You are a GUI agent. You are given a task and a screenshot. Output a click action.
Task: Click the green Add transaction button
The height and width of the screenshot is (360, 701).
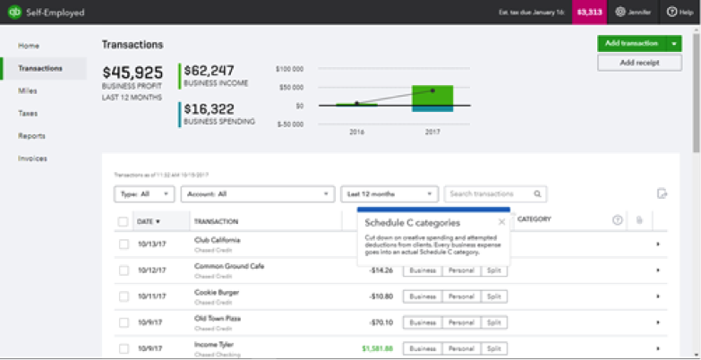[631, 43]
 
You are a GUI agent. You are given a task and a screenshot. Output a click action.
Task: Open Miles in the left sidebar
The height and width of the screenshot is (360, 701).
[28, 90]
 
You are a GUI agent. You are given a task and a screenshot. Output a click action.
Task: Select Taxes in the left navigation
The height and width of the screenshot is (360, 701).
[28, 114]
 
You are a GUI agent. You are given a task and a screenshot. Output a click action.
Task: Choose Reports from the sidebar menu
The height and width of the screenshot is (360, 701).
[32, 136]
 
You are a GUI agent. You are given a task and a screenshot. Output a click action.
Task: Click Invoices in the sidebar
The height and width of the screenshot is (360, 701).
[33, 159]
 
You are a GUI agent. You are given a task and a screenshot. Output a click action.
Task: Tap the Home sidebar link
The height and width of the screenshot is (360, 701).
[29, 46]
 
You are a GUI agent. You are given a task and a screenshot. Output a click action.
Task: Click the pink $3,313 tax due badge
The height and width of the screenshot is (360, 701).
[589, 13]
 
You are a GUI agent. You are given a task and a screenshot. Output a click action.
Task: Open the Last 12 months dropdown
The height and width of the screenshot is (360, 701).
[389, 193]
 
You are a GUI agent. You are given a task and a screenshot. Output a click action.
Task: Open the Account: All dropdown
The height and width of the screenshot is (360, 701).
[257, 193]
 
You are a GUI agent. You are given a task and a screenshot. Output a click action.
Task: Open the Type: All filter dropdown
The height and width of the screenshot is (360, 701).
[144, 193]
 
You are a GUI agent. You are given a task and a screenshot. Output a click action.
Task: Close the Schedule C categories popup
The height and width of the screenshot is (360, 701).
[501, 222]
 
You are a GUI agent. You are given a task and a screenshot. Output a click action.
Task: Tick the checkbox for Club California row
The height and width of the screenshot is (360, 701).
[124, 244]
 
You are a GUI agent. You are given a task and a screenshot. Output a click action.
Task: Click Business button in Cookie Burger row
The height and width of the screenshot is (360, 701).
[423, 296]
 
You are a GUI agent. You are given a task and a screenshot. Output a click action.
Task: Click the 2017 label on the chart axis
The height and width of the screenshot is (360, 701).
[432, 131]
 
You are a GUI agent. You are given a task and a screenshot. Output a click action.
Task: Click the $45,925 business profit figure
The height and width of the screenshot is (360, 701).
[133, 73]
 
